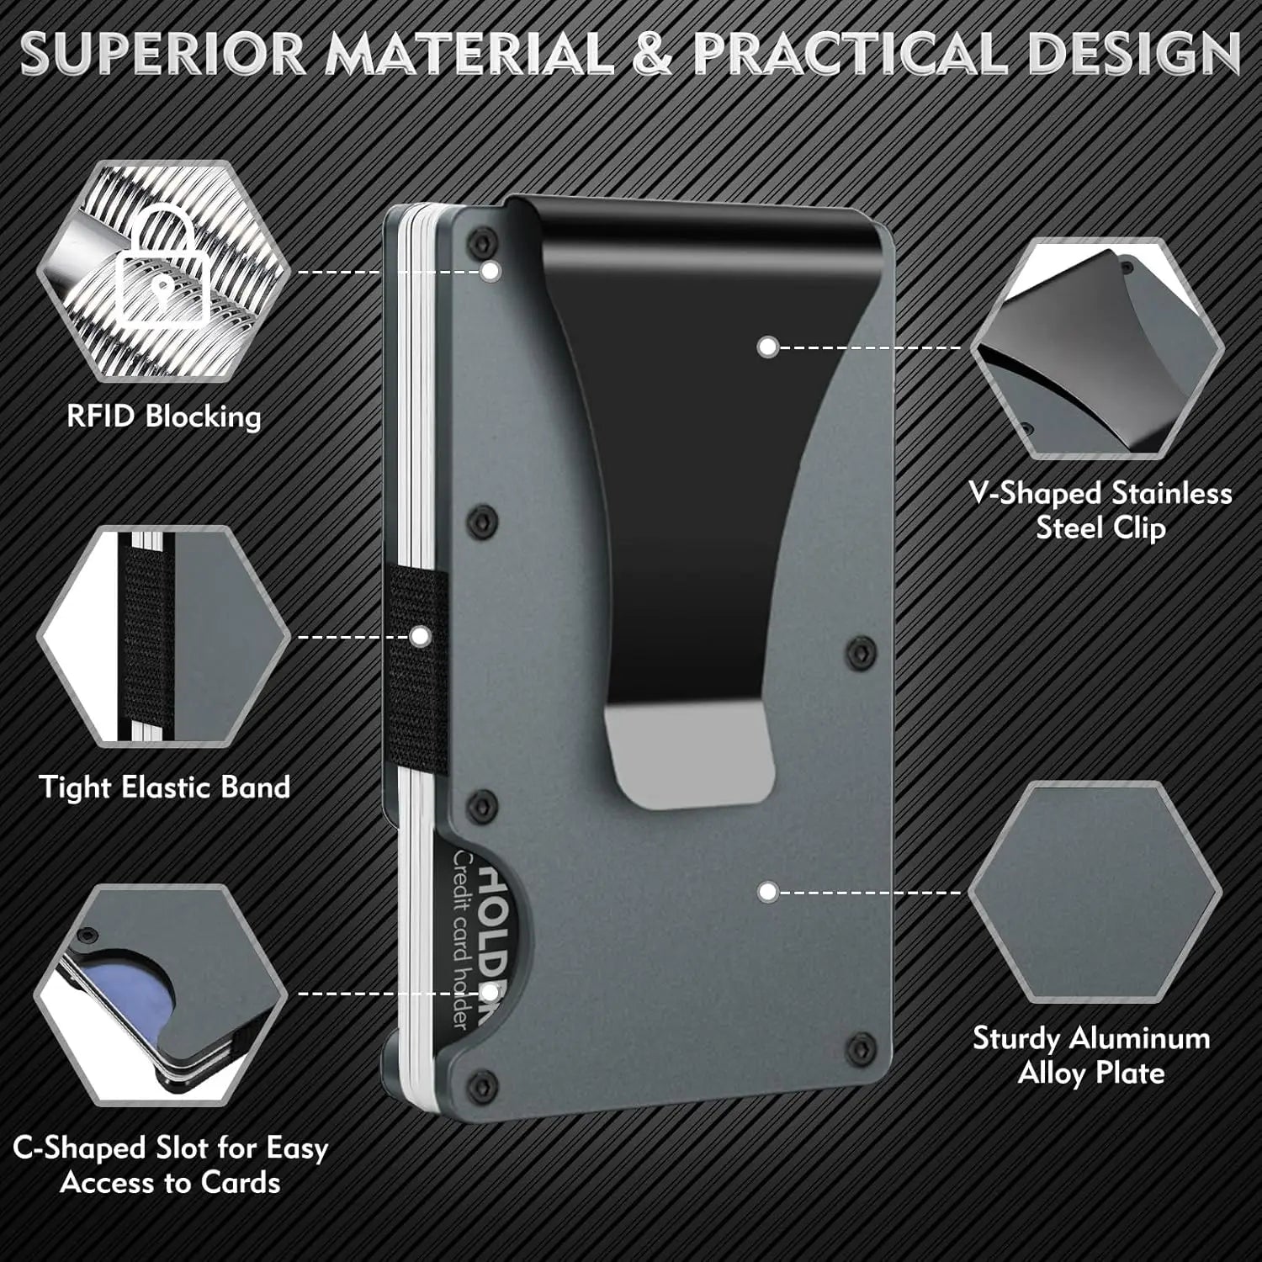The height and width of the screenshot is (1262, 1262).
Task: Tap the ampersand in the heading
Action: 654,54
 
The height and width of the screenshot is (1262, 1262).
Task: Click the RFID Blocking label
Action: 164,416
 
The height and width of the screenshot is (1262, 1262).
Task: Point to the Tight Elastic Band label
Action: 165,787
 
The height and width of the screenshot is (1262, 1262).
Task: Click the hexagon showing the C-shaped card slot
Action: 160,993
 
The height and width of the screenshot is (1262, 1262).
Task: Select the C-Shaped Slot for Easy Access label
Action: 170,1165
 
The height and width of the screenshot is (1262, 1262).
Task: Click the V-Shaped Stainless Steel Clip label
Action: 1100,510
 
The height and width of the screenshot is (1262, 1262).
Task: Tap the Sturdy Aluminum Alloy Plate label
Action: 1091,1055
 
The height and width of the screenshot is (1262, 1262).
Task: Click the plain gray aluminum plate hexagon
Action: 1094,892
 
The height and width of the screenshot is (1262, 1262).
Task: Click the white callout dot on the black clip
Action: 766,347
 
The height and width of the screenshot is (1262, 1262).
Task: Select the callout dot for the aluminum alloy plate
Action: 766,892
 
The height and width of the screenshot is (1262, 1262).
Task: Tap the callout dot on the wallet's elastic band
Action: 418,637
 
